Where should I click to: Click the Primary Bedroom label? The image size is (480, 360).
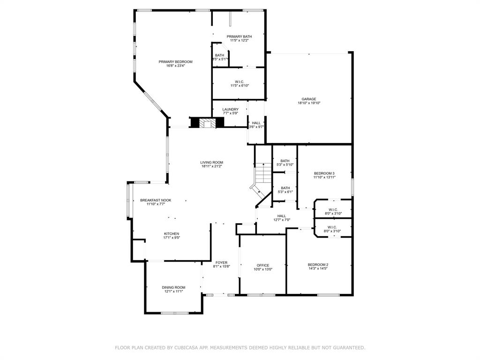(175, 62)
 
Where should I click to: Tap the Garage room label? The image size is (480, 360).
(309, 99)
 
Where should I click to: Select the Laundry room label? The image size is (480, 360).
(230, 109)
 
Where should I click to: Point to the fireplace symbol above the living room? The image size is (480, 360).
(207, 123)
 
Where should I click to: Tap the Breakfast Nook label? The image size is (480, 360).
(156, 200)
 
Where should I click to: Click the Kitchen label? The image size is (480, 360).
(172, 234)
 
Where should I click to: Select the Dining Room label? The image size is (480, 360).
(173, 287)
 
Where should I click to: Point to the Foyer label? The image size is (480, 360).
(221, 262)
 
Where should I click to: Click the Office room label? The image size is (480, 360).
(262, 265)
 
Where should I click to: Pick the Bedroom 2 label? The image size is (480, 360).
(318, 265)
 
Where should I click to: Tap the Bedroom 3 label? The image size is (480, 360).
(324, 173)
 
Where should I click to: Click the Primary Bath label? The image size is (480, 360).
(239, 37)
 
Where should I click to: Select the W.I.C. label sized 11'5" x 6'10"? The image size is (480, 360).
(239, 82)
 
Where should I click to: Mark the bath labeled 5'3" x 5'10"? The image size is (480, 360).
(285, 161)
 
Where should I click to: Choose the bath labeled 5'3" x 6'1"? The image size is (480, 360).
(285, 188)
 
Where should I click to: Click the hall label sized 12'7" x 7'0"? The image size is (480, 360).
(281, 216)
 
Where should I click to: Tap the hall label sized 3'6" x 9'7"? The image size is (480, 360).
(256, 123)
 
